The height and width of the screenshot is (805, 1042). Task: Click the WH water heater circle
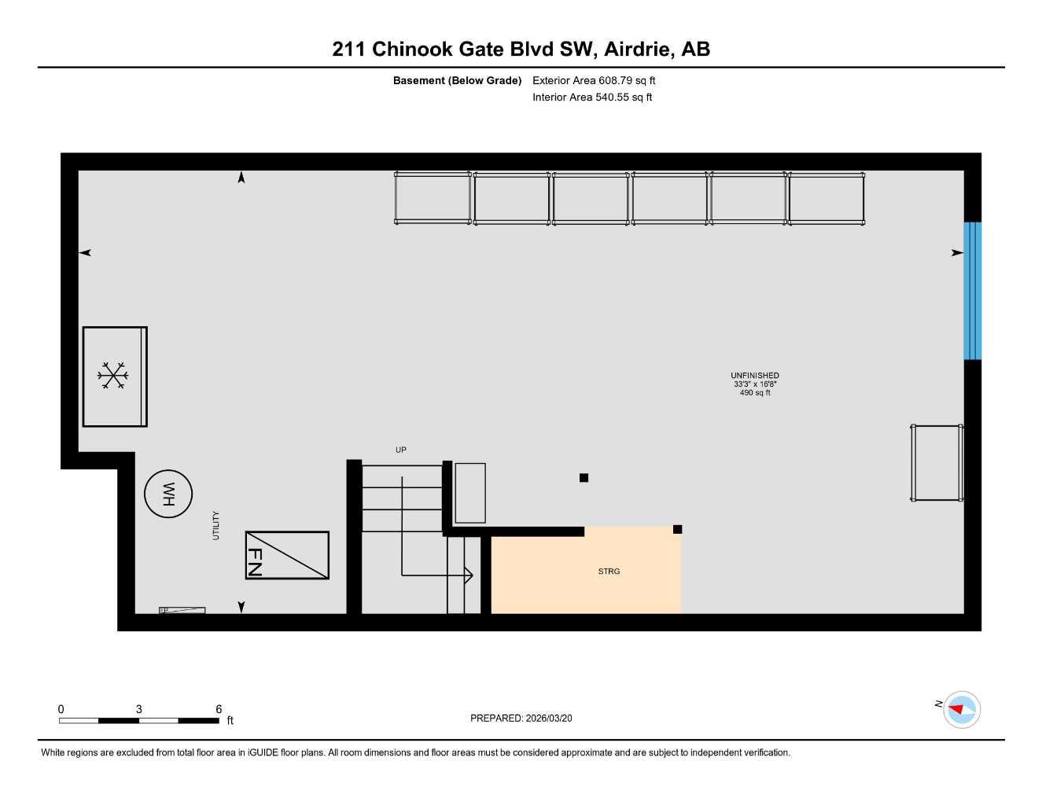(168, 494)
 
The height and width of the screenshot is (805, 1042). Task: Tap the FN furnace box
(287, 555)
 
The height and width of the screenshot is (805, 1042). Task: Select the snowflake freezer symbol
(113, 376)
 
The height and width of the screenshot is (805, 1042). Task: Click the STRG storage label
(609, 572)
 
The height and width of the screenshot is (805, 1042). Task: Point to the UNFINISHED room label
(754, 376)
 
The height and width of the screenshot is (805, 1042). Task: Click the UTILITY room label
(215, 525)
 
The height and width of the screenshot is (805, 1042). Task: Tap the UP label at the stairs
(401, 450)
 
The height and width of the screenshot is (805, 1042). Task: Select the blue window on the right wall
(972, 291)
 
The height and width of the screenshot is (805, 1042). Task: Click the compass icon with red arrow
(961, 709)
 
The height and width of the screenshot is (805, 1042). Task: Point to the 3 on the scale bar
(139, 709)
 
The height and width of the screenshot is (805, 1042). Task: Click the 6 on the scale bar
(219, 709)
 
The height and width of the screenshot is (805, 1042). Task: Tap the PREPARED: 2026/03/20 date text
(521, 718)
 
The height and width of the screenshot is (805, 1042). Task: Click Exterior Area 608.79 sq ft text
(594, 80)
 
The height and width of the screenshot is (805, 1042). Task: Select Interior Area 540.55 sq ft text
(592, 97)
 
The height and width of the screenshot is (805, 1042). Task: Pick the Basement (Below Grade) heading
(457, 80)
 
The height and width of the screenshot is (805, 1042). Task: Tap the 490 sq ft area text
(754, 392)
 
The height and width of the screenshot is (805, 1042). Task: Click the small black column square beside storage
(677, 529)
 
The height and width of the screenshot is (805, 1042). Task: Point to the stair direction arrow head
(469, 575)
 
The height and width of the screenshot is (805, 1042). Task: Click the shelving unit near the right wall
(937, 462)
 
